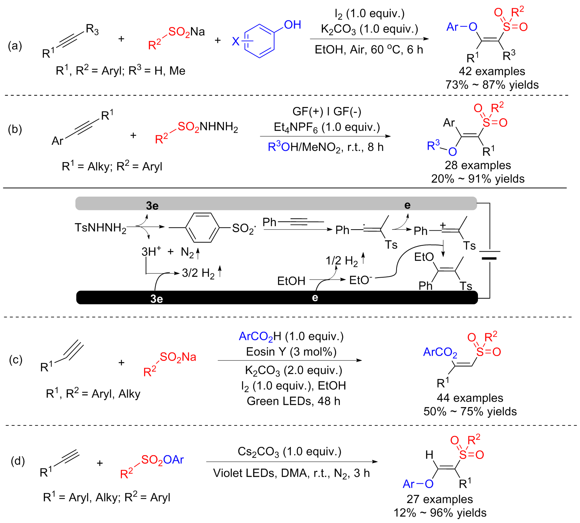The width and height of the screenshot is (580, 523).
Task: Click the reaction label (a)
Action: point(15,46)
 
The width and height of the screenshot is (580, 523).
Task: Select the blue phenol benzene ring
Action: point(260,41)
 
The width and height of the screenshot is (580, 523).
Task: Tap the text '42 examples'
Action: point(492,71)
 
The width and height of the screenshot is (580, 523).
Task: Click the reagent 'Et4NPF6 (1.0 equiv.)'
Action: point(327,128)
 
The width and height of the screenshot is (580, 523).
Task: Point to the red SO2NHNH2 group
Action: point(207,127)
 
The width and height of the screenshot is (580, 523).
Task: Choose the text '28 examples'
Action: point(478,165)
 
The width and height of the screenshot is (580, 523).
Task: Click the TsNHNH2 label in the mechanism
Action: point(100,228)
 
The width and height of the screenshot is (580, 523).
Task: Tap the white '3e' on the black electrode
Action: point(156,299)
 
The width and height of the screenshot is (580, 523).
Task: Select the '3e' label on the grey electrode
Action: point(152,206)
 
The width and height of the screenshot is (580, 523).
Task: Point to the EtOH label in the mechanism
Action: point(291,281)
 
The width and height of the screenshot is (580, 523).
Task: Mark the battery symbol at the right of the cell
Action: point(489,255)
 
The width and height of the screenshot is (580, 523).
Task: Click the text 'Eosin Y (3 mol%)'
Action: point(291,352)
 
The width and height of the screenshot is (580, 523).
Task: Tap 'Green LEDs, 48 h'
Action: point(293,401)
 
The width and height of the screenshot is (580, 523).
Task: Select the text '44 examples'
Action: point(470,398)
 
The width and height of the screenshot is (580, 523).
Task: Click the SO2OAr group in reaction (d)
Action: point(162,460)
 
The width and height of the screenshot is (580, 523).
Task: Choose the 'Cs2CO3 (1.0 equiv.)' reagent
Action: point(290,451)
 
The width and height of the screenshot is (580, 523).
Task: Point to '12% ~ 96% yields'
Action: point(440,512)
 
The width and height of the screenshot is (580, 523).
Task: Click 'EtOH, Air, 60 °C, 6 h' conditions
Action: point(369,50)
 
